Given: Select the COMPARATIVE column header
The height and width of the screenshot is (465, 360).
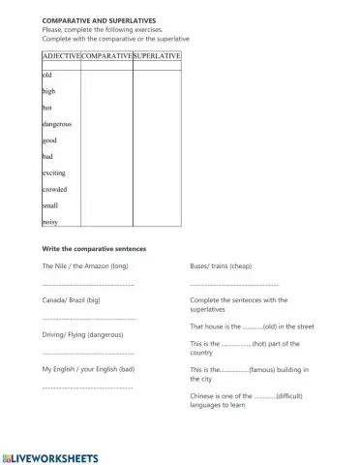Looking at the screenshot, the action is pyautogui.click(x=106, y=57).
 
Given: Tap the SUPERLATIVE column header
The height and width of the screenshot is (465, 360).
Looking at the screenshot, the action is pyautogui.click(x=157, y=57).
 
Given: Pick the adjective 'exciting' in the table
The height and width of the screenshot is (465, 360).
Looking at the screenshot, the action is pyautogui.click(x=54, y=172).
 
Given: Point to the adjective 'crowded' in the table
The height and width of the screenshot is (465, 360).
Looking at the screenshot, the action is pyautogui.click(x=54, y=189).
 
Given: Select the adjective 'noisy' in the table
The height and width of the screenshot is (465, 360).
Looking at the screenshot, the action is pyautogui.click(x=50, y=222).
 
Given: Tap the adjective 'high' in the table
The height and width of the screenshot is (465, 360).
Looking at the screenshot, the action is pyautogui.click(x=49, y=90).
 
